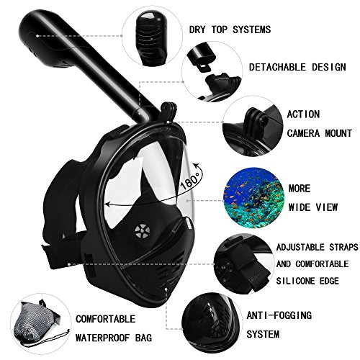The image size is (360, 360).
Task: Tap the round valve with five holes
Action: point(143,231)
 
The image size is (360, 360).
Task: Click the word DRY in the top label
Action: point(197,30)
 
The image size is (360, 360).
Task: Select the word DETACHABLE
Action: point(277,67)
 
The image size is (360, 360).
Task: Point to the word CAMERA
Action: point(303,133)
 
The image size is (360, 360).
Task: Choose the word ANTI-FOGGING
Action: point(279,315)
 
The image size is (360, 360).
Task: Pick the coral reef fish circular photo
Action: point(253,198)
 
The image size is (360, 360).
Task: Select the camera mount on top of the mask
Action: point(169,111)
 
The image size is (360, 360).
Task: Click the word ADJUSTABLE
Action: point(300,247)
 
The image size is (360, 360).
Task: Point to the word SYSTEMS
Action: point(252,30)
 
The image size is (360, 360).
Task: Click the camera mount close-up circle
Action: point(253,126)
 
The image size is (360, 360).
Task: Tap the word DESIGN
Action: point(329,67)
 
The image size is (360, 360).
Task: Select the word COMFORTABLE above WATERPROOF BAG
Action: point(106,319)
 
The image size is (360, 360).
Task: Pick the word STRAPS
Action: point(343,247)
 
